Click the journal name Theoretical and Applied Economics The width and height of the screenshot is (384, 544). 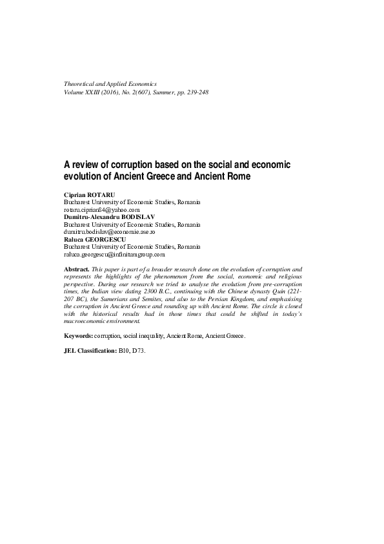click(110, 85)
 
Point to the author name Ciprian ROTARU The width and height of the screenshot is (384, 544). click(88, 194)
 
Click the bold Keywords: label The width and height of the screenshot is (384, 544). click(78, 337)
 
